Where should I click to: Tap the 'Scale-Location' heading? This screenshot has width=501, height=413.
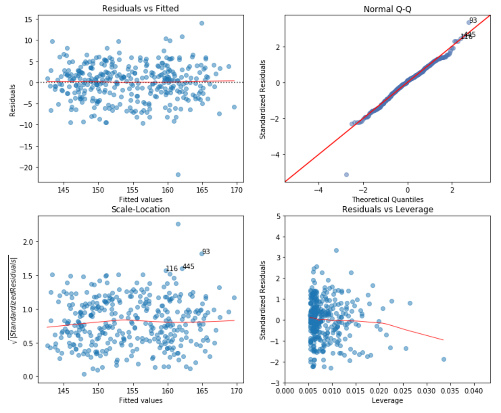141,209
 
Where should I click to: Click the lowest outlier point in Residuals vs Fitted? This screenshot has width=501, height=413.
178,175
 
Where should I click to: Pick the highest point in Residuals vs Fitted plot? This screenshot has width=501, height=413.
202,23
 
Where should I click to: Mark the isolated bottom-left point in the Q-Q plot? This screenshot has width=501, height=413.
346,175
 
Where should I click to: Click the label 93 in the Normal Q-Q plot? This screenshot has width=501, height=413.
473,20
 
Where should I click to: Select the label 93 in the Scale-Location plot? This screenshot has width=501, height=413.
206,252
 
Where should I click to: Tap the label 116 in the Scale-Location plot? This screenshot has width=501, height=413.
172,269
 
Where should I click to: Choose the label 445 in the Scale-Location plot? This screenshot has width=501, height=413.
189,266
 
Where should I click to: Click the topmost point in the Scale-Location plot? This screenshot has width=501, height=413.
178,224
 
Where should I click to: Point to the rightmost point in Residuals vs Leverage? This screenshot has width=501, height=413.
444,359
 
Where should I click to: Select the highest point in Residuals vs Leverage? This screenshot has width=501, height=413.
336,251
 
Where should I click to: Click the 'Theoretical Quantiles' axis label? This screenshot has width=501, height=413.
387,199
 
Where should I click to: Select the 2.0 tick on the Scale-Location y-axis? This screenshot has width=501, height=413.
28,242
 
